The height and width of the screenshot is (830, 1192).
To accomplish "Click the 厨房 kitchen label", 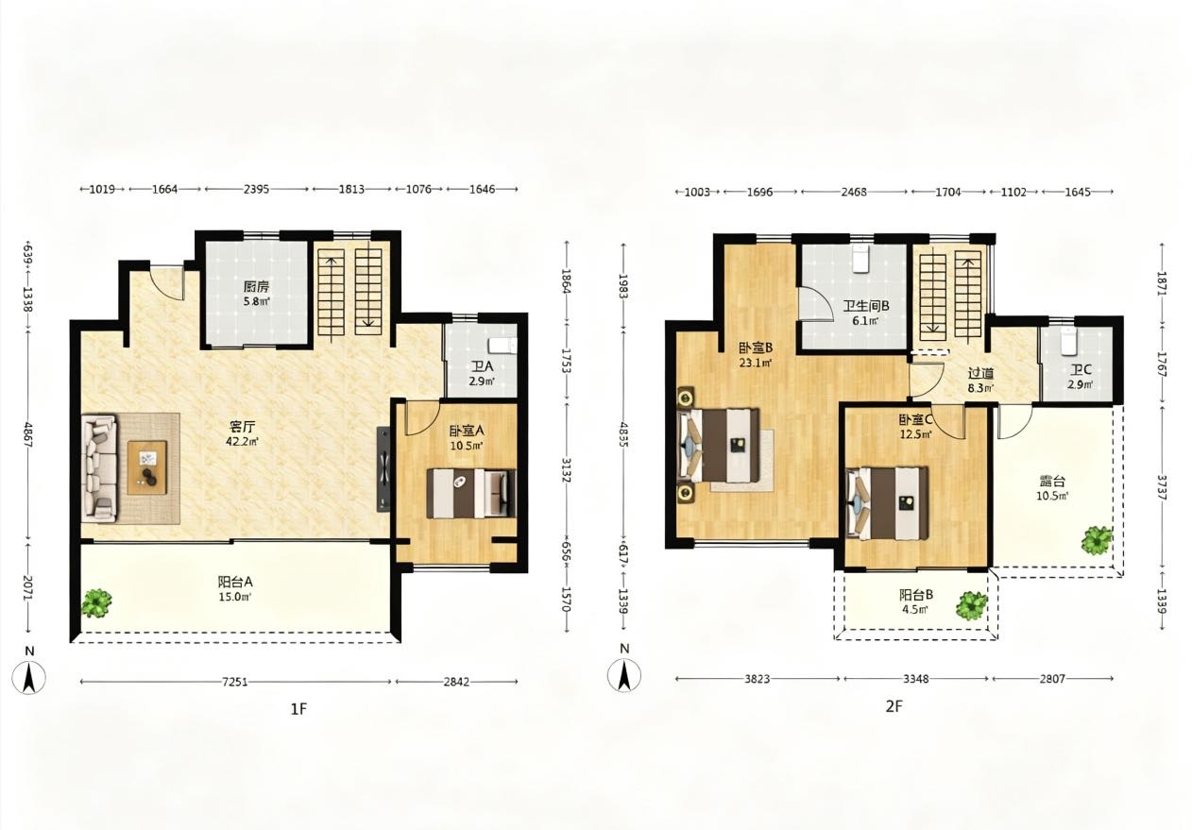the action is click(x=257, y=287).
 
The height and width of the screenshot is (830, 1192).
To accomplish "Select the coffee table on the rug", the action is click(x=146, y=467).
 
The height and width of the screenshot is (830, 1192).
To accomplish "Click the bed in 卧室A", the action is click(x=471, y=493).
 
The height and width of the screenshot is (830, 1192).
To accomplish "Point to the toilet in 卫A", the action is click(x=502, y=346).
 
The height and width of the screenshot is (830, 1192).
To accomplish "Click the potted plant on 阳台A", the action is click(x=96, y=603).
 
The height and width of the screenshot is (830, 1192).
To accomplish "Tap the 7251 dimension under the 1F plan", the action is click(x=234, y=682).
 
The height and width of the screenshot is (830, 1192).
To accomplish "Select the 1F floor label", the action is click(x=298, y=709).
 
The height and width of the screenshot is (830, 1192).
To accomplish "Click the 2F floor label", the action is click(x=894, y=706).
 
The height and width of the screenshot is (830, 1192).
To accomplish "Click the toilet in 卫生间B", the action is click(x=860, y=260).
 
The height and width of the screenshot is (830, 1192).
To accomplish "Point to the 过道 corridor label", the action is click(x=980, y=374).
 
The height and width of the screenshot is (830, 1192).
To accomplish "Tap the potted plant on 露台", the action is click(x=1097, y=540).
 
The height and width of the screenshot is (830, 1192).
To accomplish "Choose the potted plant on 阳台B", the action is click(x=972, y=605).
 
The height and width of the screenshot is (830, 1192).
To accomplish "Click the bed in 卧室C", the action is click(x=888, y=503).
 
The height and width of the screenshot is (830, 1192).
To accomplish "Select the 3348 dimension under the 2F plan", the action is click(x=916, y=679).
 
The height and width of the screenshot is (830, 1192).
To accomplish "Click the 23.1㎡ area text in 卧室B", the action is click(x=756, y=364).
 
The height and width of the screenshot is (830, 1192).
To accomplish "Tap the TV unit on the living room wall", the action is click(x=383, y=468).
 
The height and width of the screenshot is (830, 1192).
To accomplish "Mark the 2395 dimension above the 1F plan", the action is click(x=257, y=189).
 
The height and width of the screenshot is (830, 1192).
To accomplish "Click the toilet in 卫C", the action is click(x=1068, y=341).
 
